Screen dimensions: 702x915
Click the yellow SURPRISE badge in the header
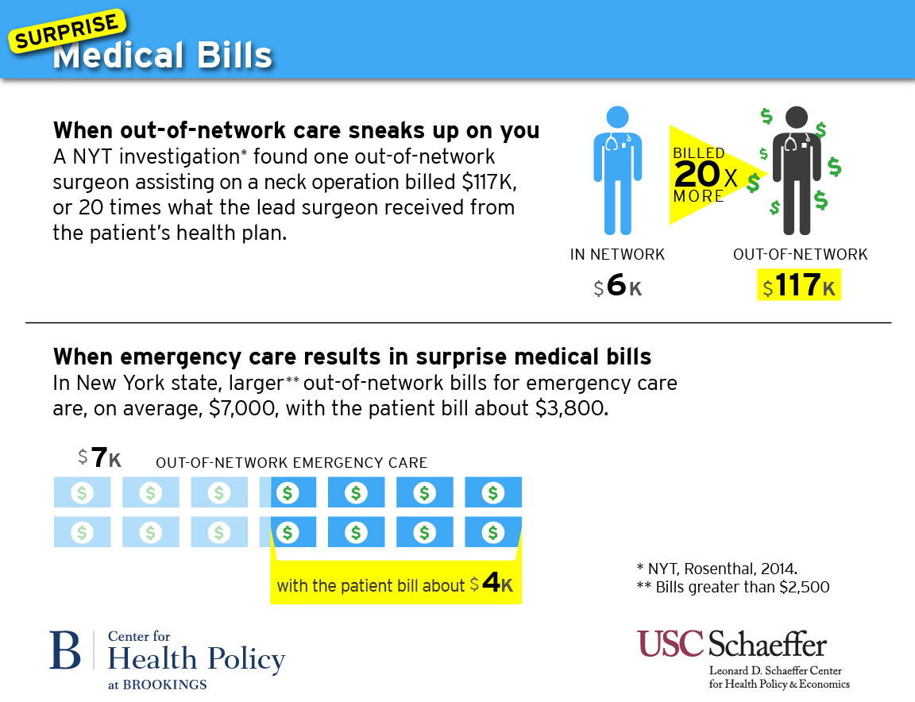coord(68,33)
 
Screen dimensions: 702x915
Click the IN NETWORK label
coord(617,255)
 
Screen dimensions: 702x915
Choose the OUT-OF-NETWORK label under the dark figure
coord(800,255)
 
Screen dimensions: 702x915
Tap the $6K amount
coord(618,287)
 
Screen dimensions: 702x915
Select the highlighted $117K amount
coord(799,287)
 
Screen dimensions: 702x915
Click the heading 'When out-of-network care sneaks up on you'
coord(296,130)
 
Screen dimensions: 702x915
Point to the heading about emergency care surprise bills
coord(352,355)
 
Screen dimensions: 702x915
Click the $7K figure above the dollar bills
coord(100,458)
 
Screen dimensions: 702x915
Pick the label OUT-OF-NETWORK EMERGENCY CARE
coord(291,463)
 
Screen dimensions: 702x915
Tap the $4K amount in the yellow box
coord(492,584)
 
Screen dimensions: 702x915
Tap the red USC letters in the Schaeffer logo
coord(670,643)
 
